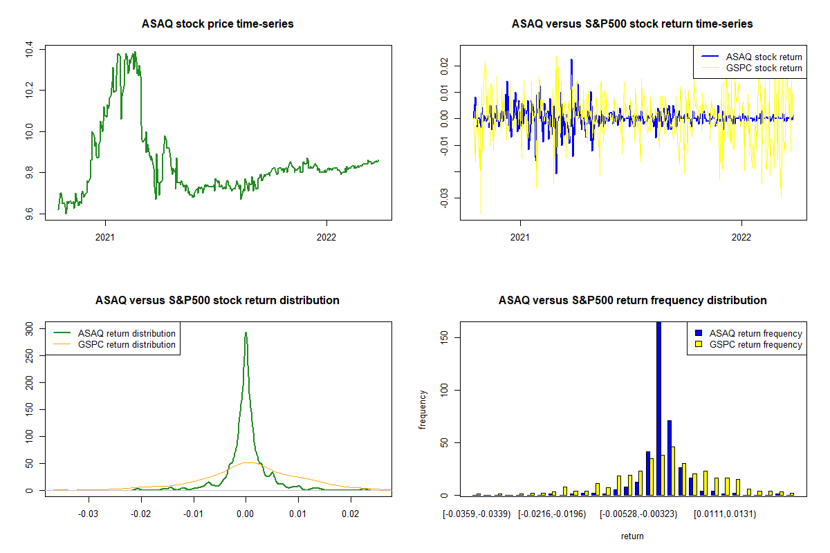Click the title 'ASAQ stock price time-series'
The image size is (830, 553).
point(218,24)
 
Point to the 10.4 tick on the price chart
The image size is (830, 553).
point(28,49)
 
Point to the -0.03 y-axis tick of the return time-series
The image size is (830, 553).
point(443,197)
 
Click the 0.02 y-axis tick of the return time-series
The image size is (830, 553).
point(443,65)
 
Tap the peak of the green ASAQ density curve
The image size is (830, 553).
point(246,333)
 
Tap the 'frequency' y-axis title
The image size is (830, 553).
point(423,409)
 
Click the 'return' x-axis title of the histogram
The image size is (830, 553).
point(632,536)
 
